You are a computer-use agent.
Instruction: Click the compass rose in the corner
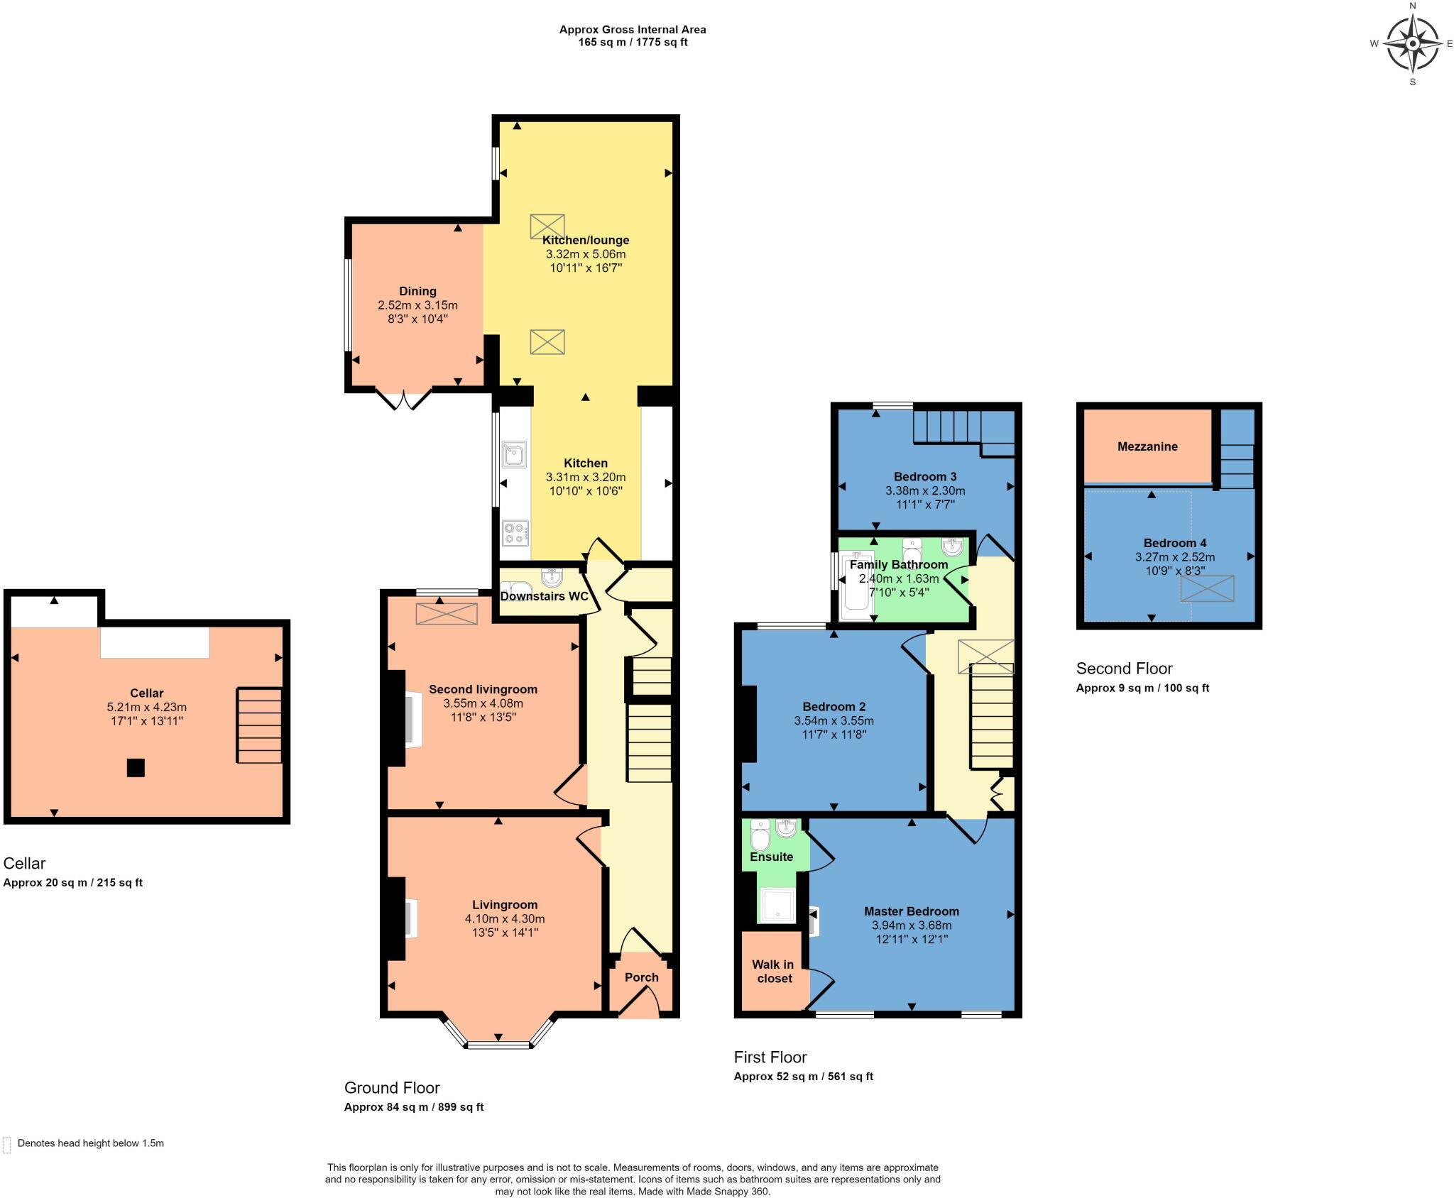(x=1412, y=43)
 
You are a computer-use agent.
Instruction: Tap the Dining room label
(x=417, y=291)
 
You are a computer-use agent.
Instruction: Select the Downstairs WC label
(x=545, y=596)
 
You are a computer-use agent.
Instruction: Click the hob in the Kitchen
(x=515, y=533)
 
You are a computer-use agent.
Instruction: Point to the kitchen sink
(x=513, y=454)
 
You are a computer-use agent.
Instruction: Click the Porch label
(x=642, y=977)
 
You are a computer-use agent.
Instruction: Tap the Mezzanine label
(x=1147, y=446)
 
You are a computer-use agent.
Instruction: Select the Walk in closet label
(x=773, y=972)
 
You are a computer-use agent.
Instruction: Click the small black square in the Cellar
(x=136, y=768)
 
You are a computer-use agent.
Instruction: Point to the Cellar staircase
(x=259, y=725)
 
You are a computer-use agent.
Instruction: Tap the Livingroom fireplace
(x=410, y=919)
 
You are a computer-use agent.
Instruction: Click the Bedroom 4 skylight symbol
(x=1207, y=588)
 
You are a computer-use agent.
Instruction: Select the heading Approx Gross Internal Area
(x=633, y=30)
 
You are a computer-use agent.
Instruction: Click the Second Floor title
(x=1125, y=669)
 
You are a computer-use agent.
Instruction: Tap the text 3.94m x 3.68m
(x=912, y=925)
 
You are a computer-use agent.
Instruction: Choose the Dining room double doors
(x=403, y=399)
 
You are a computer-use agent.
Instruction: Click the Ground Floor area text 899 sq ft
(x=459, y=1107)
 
